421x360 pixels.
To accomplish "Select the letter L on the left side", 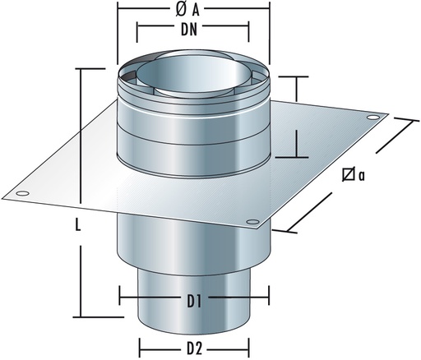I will click(72, 233).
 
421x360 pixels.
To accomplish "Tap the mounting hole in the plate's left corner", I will click(21, 194).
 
